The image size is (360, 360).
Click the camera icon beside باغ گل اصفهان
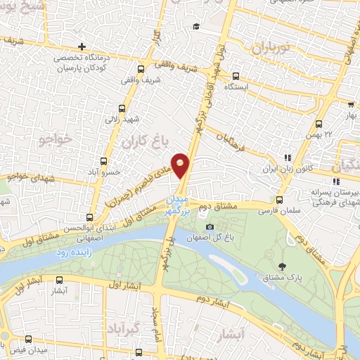[x=210, y=226]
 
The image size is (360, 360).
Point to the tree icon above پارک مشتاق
[x=282, y=266]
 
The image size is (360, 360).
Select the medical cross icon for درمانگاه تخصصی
[x=82, y=46]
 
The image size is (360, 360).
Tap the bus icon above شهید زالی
[x=123, y=108]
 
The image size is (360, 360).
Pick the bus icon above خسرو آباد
[x=104, y=161]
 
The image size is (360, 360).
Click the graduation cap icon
[x=195, y=26]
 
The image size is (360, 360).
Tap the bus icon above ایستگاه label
[x=235, y=77]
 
